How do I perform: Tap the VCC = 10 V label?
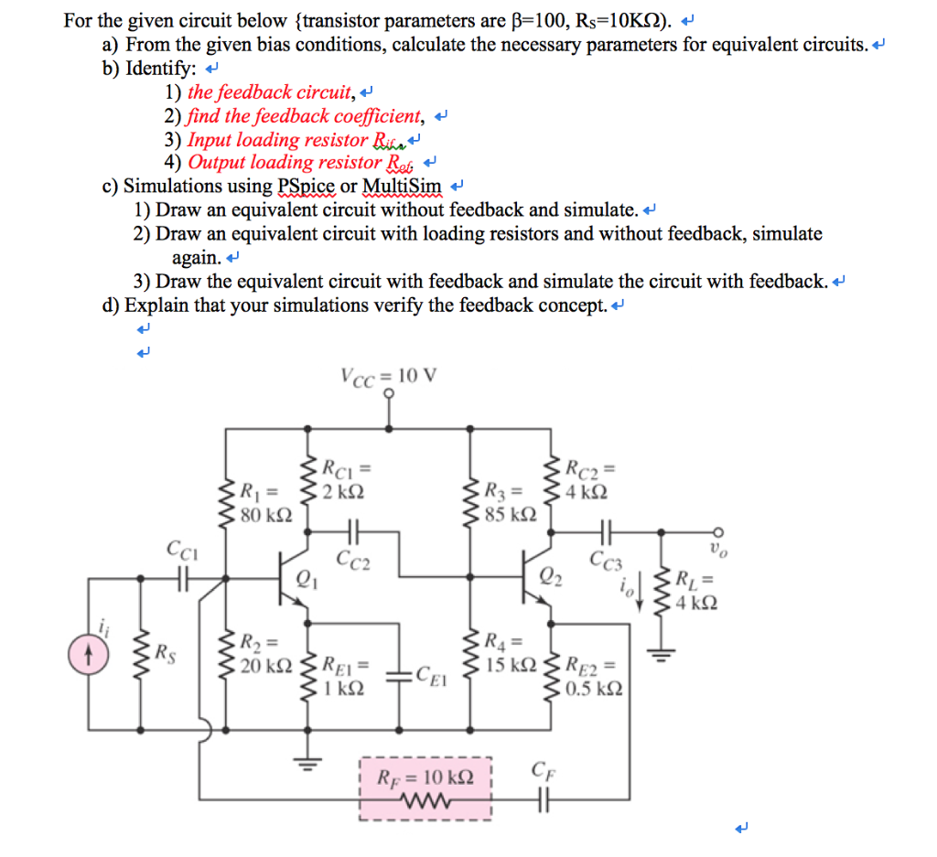point(389,376)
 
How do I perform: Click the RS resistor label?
point(164,651)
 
